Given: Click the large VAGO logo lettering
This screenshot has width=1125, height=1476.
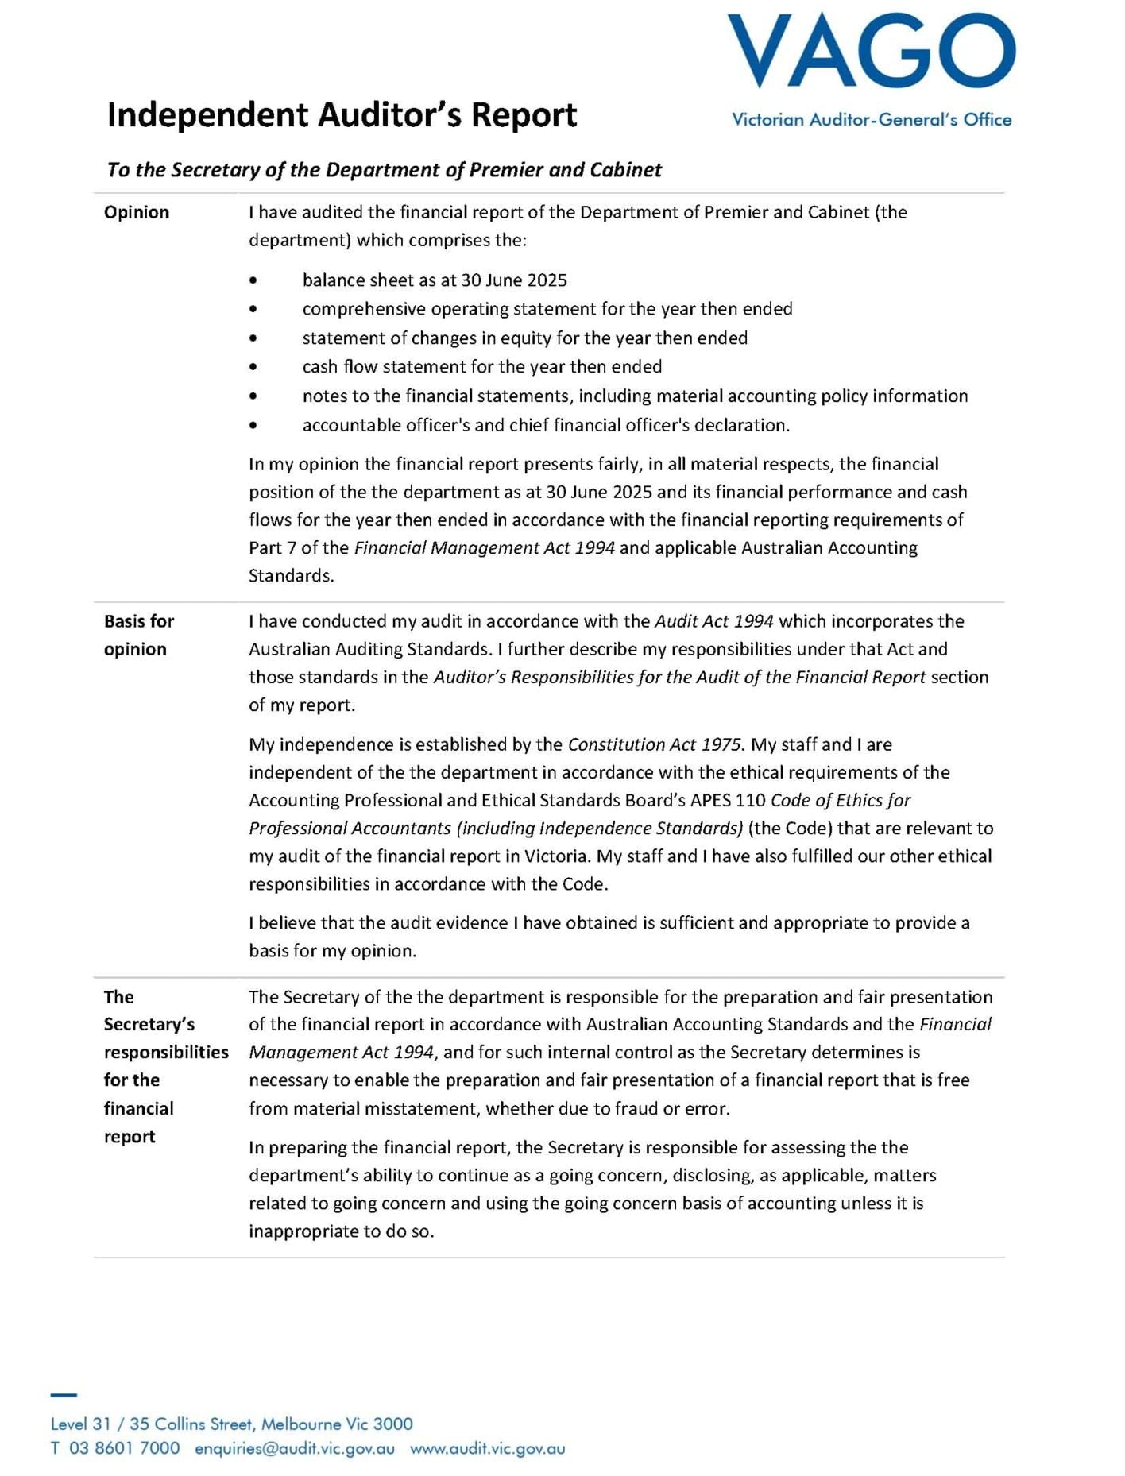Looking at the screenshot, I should point(871,52).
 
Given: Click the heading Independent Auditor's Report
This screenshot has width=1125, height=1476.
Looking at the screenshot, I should point(342,115).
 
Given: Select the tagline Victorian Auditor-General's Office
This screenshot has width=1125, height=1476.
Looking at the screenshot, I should point(871,120).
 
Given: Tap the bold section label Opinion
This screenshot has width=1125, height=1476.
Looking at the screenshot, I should point(137,212).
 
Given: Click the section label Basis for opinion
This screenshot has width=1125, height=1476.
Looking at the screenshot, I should point(138,635).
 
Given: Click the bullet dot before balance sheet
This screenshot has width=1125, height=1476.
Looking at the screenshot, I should point(253,280).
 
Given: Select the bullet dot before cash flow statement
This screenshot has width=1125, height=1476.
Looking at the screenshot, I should point(253,367).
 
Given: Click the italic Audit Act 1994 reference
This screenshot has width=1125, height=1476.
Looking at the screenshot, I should point(713,621).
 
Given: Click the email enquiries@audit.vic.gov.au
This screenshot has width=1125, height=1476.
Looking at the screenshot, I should point(295,1448).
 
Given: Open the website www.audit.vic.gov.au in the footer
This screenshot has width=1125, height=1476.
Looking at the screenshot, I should point(487,1448).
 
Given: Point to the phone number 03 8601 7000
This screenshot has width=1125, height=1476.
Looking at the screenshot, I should point(124,1448).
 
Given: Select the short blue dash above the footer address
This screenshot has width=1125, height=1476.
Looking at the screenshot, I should point(64,1395).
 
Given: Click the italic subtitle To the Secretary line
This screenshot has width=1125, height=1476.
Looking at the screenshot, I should point(384,170).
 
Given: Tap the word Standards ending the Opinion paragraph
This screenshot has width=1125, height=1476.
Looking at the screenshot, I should point(291,576).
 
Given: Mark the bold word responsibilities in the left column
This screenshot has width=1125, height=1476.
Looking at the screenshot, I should point(166,1053).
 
